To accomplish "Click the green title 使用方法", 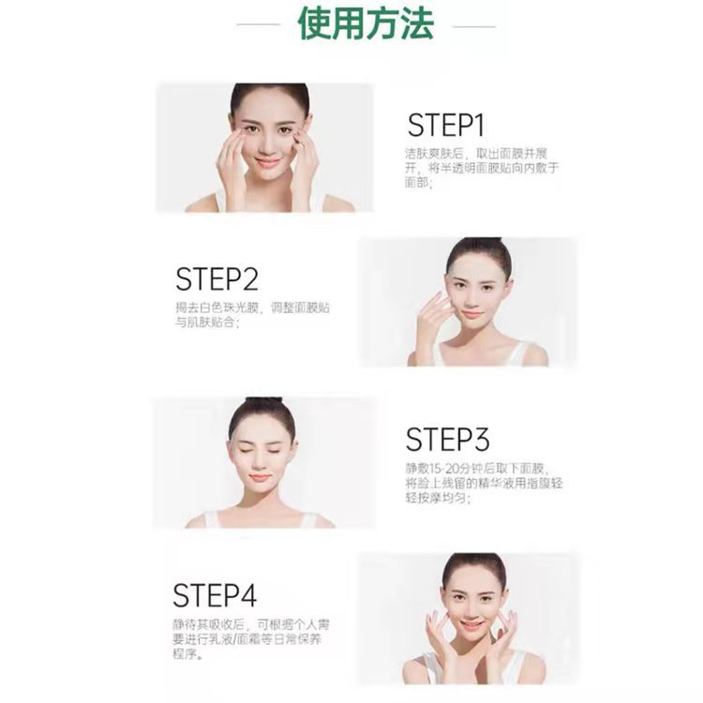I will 366,24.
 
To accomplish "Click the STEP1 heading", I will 445,126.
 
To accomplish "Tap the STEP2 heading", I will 216,279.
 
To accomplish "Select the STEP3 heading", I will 447,439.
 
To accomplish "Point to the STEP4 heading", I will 214,595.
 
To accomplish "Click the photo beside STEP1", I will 264,147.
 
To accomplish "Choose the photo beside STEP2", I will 468,301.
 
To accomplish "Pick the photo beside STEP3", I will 263,462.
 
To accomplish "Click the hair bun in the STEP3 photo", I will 263,406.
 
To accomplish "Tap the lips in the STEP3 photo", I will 262,478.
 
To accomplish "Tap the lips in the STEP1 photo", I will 268,161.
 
